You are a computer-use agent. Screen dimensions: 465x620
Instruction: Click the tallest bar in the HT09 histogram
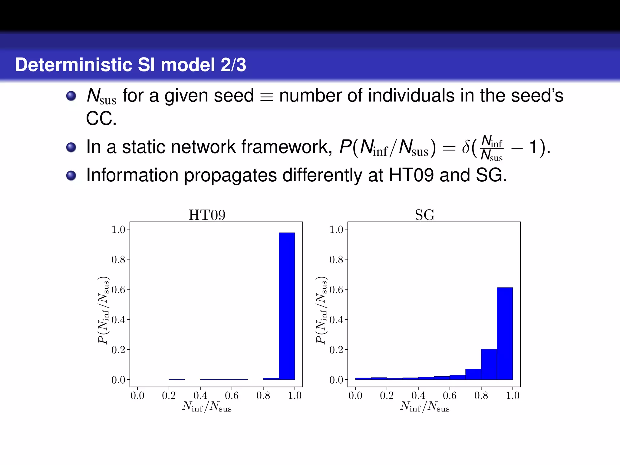287,306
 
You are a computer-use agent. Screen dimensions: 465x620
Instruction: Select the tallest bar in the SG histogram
505,333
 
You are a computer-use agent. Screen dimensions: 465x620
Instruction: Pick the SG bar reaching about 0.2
489,364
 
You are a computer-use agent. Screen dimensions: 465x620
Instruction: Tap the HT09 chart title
207,215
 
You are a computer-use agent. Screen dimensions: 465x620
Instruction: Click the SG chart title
425,215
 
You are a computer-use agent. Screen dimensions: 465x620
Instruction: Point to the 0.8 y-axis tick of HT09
118,259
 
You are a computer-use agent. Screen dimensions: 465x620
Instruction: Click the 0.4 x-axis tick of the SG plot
418,395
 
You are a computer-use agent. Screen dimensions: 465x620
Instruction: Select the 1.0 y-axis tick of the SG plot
336,229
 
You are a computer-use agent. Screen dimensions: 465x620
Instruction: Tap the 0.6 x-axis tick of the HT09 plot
232,395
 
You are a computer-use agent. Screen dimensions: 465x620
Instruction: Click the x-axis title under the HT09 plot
207,407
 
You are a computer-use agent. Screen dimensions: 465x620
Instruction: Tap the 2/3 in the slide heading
233,65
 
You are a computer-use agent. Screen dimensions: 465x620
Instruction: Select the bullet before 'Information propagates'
71,175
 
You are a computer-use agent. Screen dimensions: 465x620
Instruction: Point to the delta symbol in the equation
466,147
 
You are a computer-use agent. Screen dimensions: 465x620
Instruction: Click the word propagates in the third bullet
230,176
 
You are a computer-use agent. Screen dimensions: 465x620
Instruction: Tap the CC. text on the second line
101,119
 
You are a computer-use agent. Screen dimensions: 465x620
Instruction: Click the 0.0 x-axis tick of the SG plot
355,395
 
